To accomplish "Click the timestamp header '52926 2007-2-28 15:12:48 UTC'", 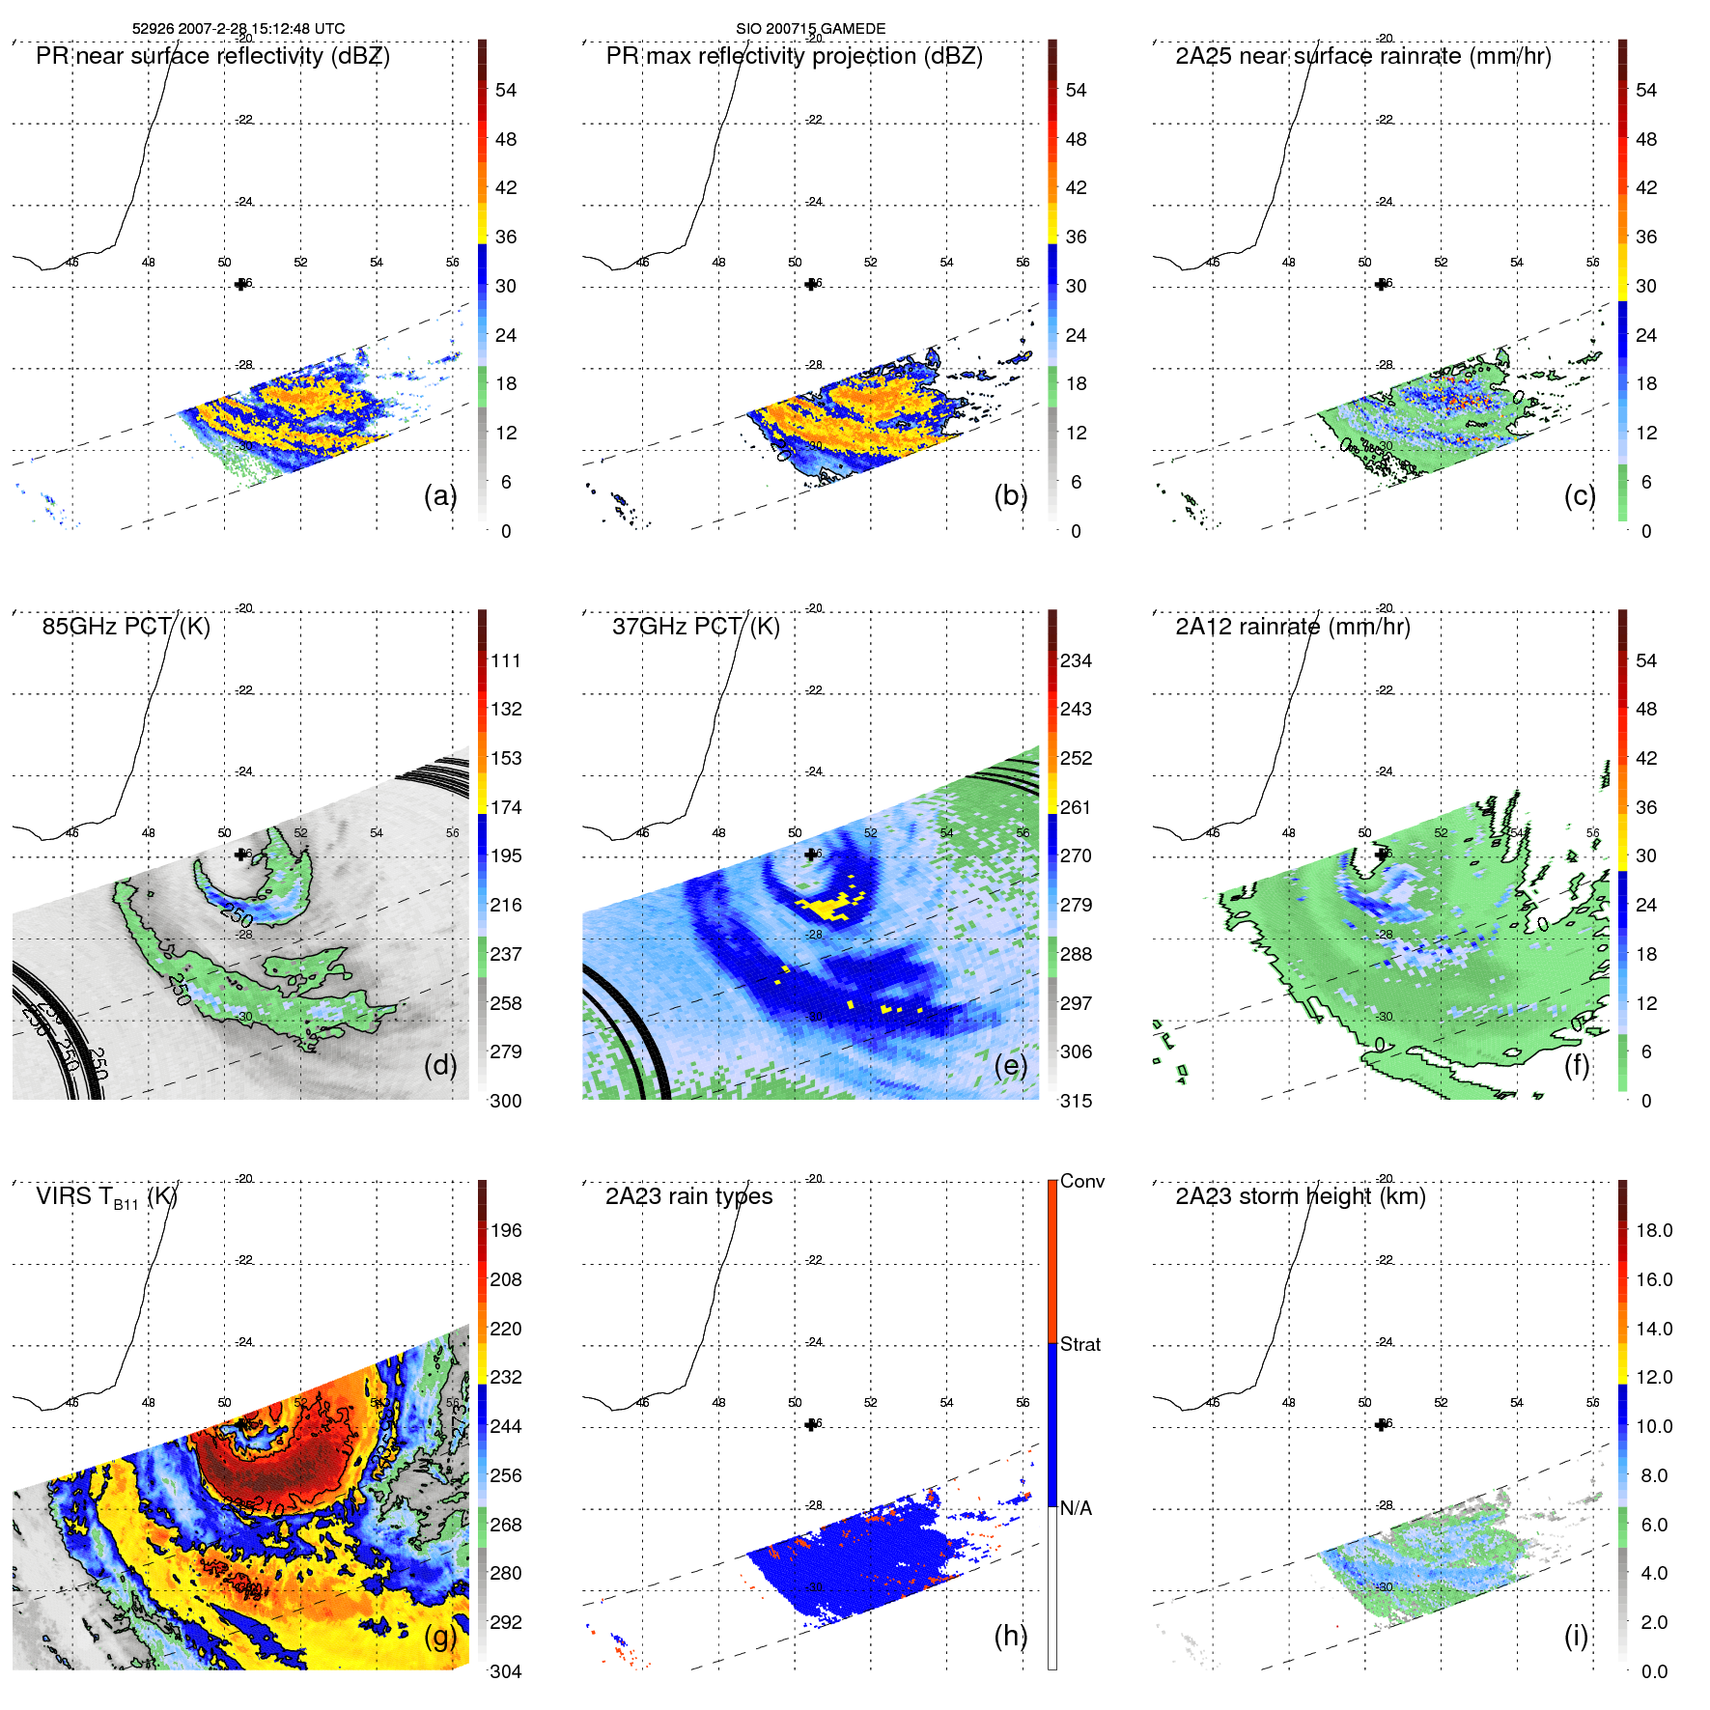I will pos(238,29).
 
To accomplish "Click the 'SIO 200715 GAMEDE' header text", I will pos(810,29).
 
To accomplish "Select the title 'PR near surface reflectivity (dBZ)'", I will pos(212,56).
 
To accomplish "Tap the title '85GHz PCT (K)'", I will pos(126,627).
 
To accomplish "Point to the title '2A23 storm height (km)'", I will pos(1300,1196).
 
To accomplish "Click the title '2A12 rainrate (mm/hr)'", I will pos(1292,627).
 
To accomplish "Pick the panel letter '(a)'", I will pos(440,495).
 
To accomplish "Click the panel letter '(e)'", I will pos(1010,1065).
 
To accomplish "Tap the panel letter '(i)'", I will pos(1575,1636).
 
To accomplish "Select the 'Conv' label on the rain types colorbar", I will pos(1081,1181).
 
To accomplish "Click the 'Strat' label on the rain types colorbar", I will pos(1079,1344).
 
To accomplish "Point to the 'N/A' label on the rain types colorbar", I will pos(1077,1508).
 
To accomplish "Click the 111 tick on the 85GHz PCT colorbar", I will pos(505,660).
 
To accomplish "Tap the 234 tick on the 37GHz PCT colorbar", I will pos(1076,660).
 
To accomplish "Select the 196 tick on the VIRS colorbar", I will pos(505,1230).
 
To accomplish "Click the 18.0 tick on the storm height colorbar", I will pos(1653,1230).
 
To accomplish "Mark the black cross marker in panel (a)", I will pos(240,284).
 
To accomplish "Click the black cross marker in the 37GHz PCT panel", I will pos(810,855).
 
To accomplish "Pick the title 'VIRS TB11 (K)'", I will pos(106,1197).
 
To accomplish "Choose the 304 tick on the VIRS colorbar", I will pos(505,1671).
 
